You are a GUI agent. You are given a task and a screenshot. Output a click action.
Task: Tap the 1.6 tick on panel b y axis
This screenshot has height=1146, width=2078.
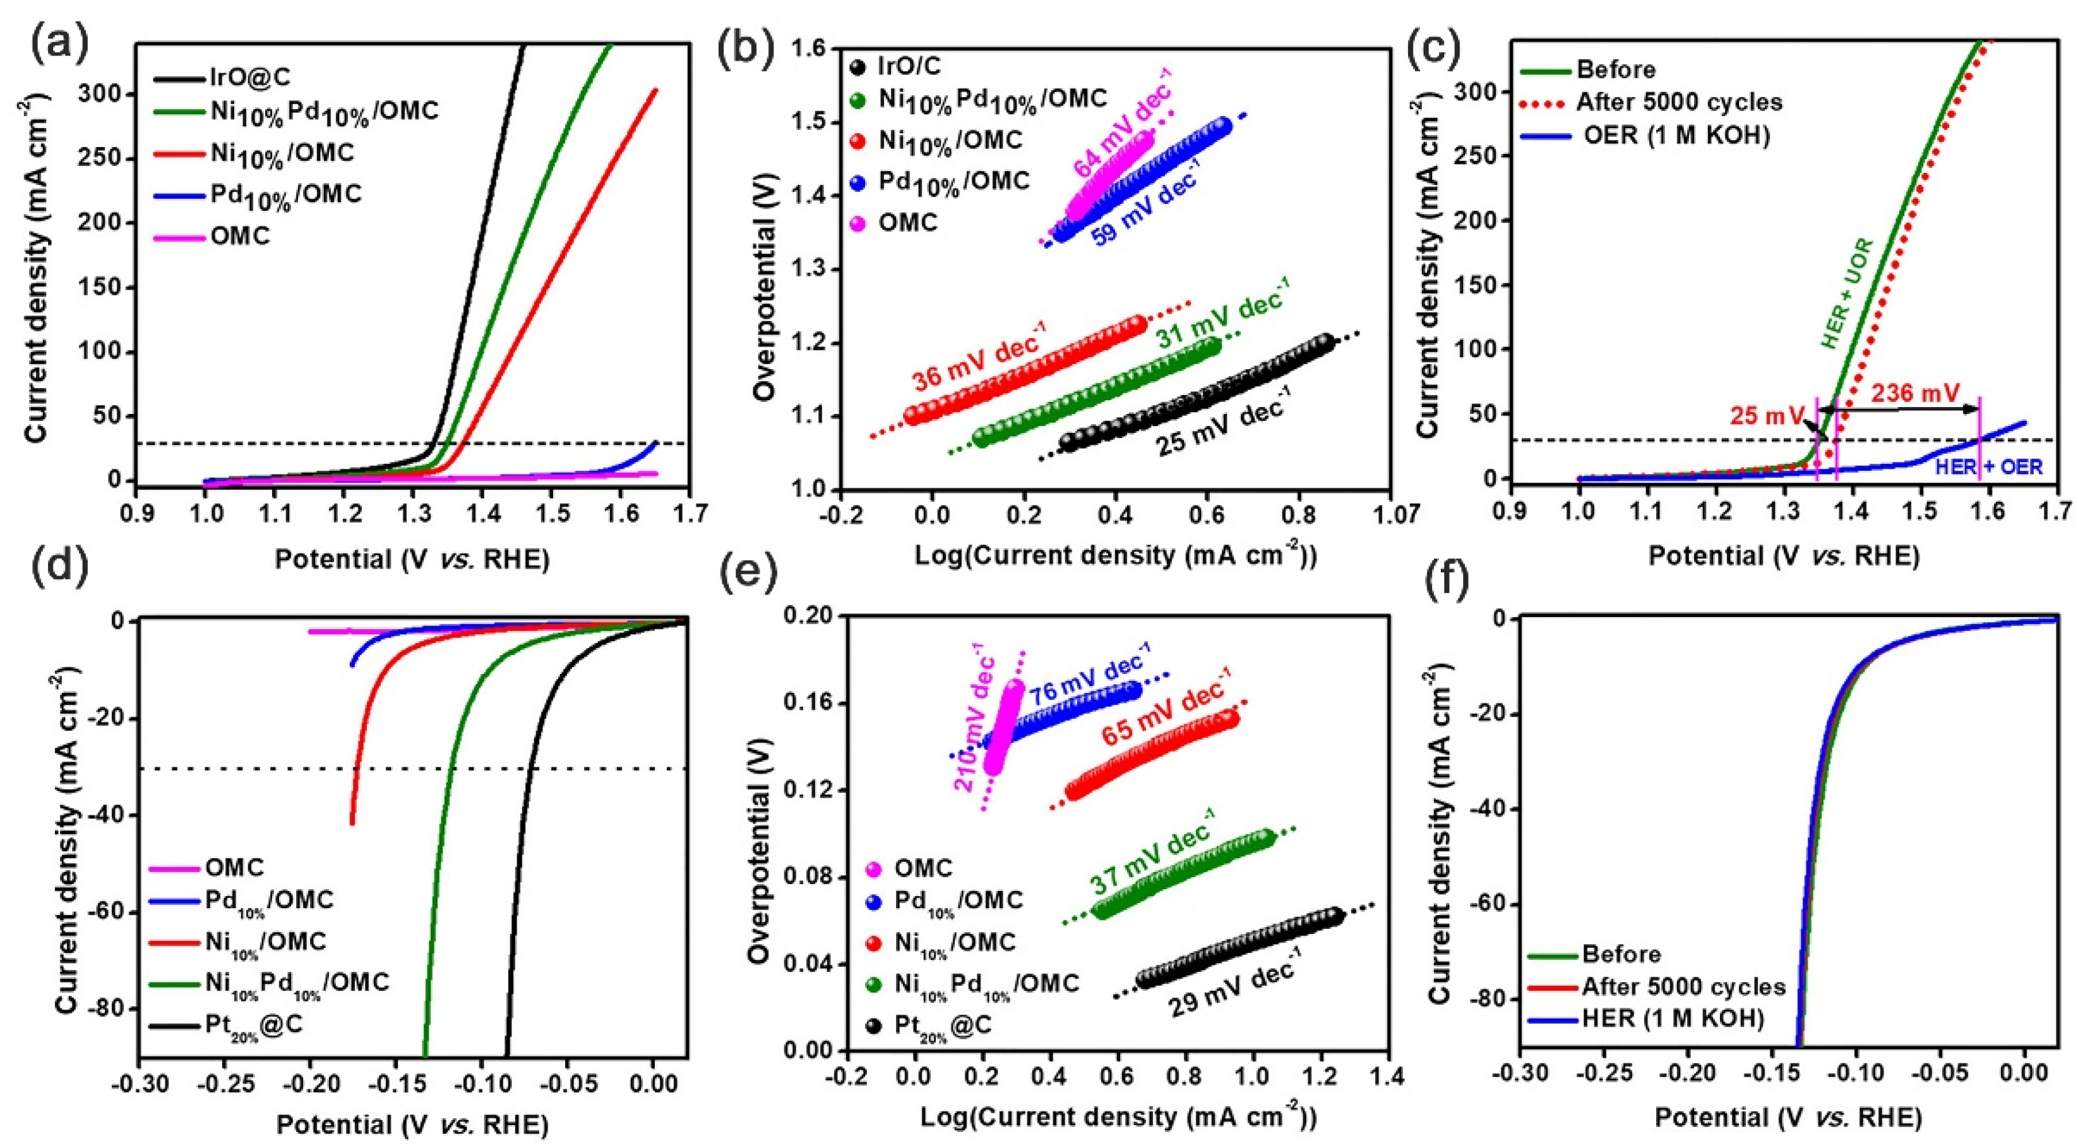811,49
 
